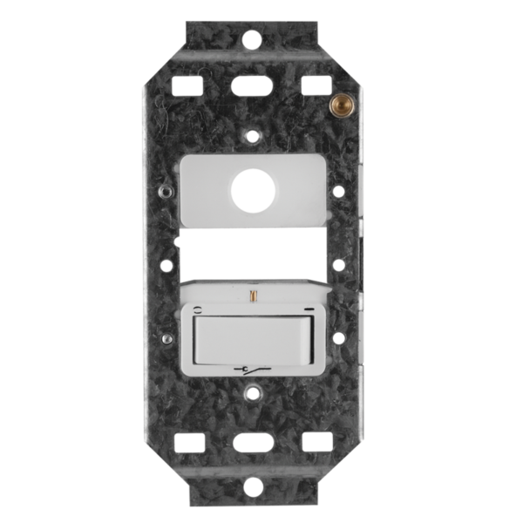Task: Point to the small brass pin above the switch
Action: pyautogui.click(x=251, y=296)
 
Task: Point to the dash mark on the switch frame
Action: pyautogui.click(x=307, y=309)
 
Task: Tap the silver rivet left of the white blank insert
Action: pyautogui.click(x=164, y=187)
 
